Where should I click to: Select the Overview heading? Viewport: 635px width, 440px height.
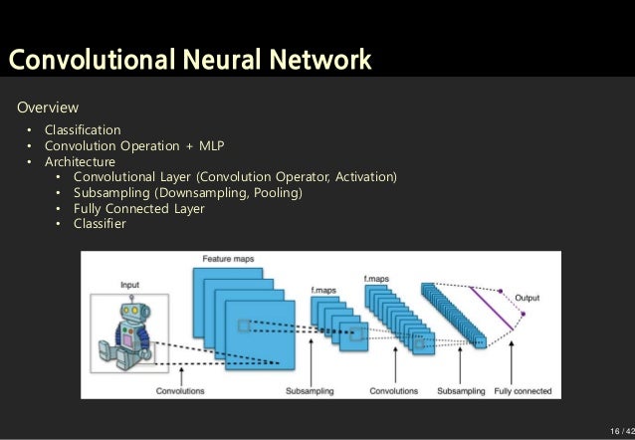(x=46, y=108)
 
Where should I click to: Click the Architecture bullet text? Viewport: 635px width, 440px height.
(x=80, y=161)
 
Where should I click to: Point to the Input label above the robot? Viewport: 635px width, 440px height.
(x=130, y=285)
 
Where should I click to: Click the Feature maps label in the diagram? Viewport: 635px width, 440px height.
(x=229, y=259)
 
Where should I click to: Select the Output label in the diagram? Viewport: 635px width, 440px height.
(x=529, y=298)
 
